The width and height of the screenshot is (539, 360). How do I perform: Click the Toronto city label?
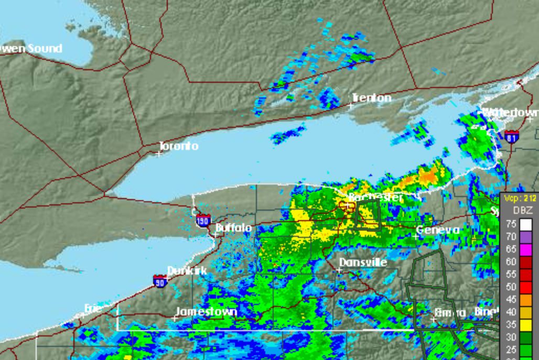pos(179,146)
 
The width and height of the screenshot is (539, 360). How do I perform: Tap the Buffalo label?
pos(234,228)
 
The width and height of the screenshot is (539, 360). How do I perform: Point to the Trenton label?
pos(371,98)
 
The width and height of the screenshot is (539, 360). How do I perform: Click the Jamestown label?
pos(206,312)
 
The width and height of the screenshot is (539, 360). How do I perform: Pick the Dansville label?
pos(363,262)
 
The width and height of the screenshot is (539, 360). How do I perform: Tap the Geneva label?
pos(438,230)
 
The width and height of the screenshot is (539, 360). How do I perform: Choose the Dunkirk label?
pos(187,271)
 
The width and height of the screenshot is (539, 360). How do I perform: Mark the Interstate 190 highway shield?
pos(204,220)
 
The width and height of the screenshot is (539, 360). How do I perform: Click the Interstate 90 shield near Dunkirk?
pos(160,281)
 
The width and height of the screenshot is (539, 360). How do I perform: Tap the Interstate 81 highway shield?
pos(512,137)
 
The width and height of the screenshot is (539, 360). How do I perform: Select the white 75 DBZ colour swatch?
pos(525,225)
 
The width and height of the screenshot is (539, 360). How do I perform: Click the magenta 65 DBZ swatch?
pos(525,249)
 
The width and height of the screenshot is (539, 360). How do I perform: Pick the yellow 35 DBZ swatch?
pos(525,325)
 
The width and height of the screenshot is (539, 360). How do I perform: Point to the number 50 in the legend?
pos(511,287)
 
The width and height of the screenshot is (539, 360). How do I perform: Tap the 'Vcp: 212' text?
pos(519,198)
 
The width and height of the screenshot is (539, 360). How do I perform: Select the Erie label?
pos(93,309)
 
